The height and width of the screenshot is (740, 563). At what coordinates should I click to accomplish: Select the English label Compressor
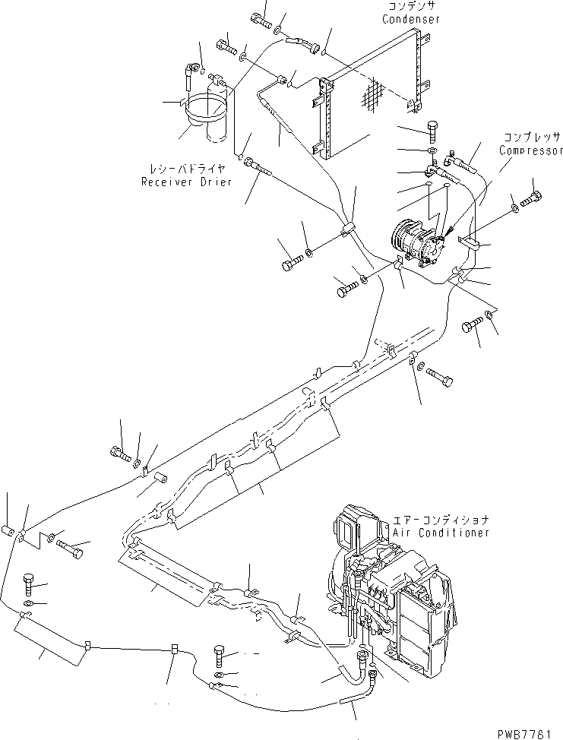[530, 150]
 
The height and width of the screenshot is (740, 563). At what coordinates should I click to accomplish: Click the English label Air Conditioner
[441, 533]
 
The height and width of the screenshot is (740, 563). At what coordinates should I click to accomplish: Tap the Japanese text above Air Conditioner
[441, 520]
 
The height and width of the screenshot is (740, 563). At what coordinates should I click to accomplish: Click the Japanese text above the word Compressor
[530, 138]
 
